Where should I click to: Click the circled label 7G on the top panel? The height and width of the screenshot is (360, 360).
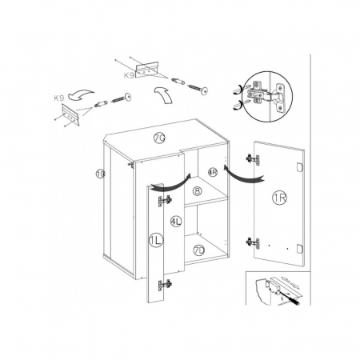tap(159, 138)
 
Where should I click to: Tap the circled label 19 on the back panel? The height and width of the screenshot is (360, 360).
tap(101, 174)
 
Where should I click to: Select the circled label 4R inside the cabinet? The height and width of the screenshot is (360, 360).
tap(213, 172)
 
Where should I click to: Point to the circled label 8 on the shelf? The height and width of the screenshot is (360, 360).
tap(197, 191)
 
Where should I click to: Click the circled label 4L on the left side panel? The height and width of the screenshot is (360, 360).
tap(176, 221)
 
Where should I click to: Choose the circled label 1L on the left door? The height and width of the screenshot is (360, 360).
tap(156, 241)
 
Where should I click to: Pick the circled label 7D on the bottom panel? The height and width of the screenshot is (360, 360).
tap(198, 251)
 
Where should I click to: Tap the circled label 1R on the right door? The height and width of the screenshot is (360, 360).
tap(279, 198)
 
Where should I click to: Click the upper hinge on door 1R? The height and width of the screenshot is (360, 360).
tap(252, 159)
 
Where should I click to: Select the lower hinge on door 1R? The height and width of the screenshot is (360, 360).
tap(252, 243)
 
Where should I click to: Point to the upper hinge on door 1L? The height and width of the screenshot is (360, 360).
tap(166, 201)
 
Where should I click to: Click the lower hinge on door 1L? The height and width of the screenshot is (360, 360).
tap(166, 284)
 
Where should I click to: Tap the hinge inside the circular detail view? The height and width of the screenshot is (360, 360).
tap(266, 96)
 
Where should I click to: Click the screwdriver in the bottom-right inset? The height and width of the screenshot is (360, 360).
tap(290, 299)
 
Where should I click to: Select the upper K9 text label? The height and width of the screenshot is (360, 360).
tap(129, 76)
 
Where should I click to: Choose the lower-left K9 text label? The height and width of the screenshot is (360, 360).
tap(59, 98)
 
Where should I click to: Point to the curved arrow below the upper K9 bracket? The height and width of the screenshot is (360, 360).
tap(164, 94)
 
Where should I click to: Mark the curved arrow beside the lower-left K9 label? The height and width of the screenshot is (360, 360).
tap(81, 95)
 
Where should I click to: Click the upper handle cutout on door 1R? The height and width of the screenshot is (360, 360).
tap(299, 166)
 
